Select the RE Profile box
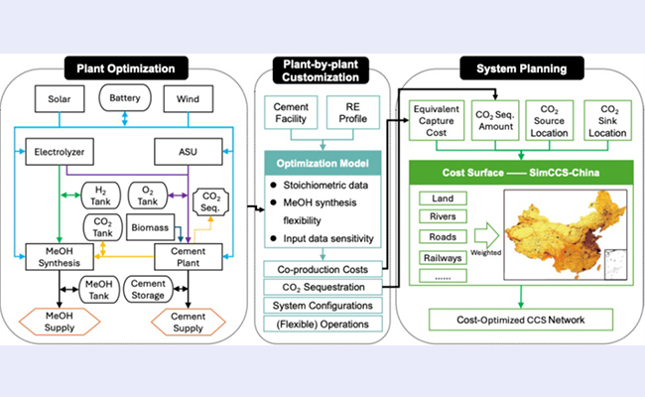click(351, 112)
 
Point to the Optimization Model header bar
click(322, 163)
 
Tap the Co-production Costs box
click(323, 269)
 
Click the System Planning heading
click(516, 68)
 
